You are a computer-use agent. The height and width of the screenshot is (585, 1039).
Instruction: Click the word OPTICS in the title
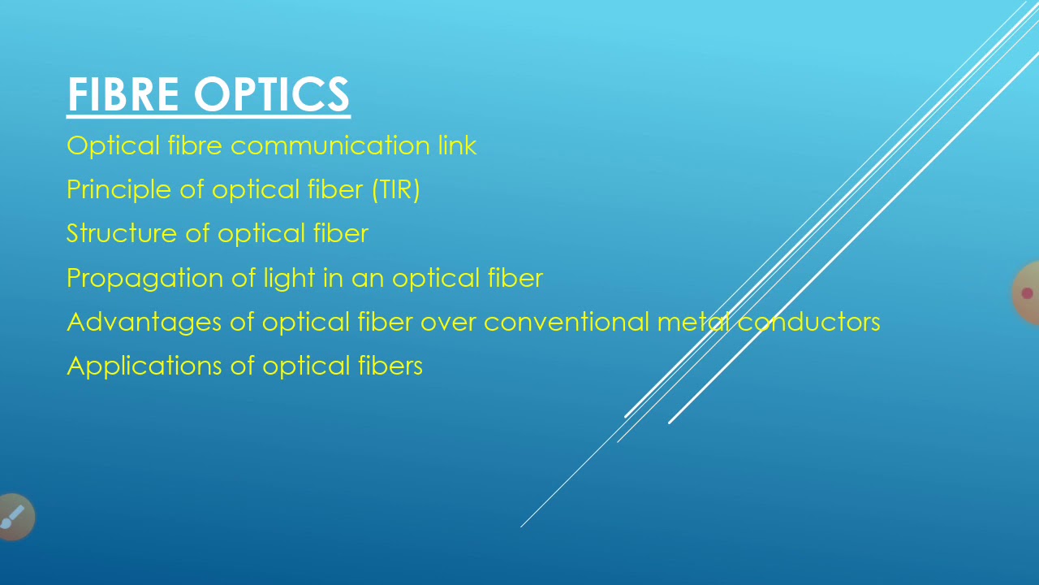(271, 94)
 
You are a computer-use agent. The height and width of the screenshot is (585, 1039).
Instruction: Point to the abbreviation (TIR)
(395, 190)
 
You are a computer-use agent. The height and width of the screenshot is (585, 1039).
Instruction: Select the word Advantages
(144, 323)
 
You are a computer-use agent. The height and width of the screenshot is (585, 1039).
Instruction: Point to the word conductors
(808, 323)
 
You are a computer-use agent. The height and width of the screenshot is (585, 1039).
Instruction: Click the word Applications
(144, 366)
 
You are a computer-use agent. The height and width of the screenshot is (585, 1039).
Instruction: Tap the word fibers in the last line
(390, 366)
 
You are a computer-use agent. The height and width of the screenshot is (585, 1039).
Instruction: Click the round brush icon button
(14, 517)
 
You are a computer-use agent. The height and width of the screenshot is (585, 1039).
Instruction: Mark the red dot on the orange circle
(1027, 293)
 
